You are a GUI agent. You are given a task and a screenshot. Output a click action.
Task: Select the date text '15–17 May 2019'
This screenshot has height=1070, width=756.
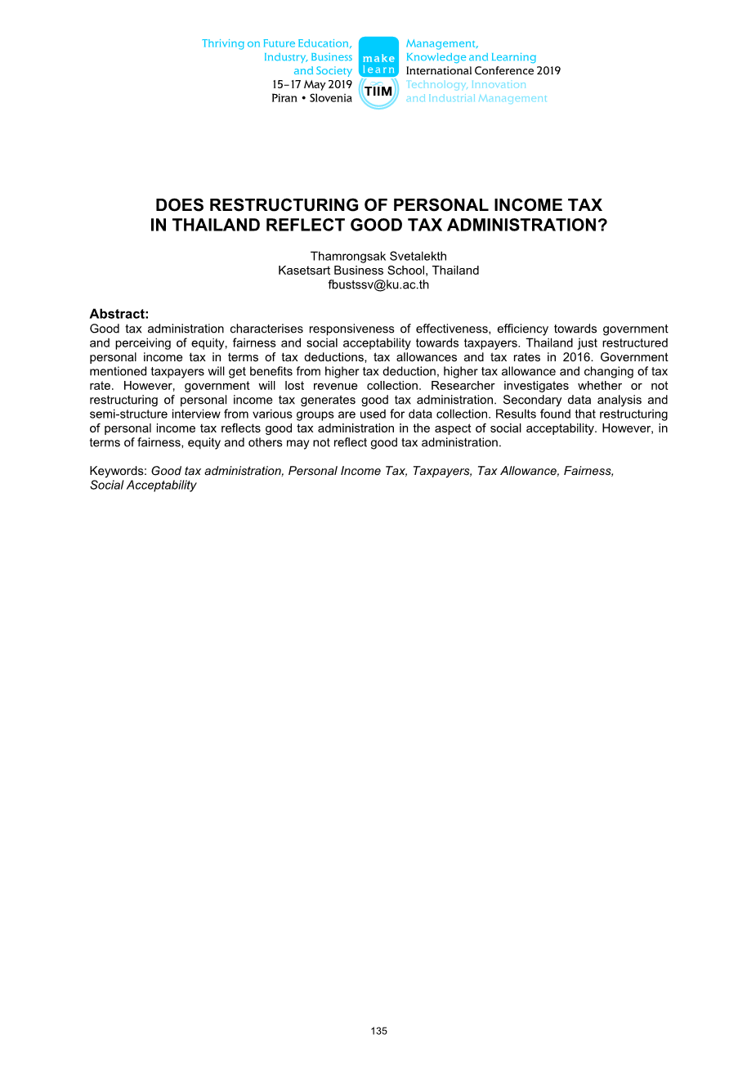[x=312, y=84]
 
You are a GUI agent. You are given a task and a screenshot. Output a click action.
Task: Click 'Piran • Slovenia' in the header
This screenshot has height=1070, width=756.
[x=311, y=98]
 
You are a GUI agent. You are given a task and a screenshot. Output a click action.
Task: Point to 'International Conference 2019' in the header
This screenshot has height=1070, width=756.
[x=483, y=71]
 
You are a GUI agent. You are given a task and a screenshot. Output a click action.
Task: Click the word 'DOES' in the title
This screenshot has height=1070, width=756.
[x=177, y=205]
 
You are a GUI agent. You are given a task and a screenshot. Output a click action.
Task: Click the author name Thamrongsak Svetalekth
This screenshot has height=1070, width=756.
[x=378, y=257]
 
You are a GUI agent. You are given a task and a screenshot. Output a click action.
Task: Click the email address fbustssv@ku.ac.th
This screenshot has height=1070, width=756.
[x=378, y=284]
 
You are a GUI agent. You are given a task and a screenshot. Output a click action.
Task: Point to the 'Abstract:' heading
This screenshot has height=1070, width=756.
[x=119, y=314]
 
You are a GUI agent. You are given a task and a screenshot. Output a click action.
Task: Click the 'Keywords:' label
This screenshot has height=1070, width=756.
[x=119, y=471]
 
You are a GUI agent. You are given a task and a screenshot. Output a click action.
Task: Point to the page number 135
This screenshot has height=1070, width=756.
[x=378, y=1031]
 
